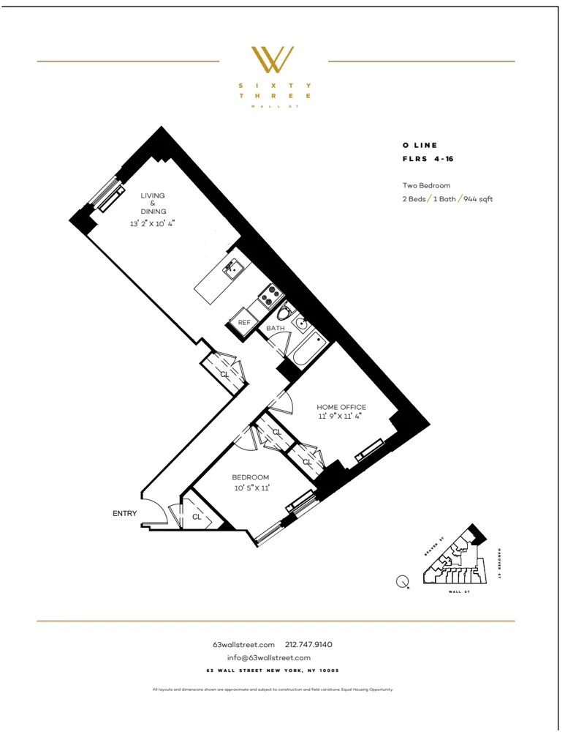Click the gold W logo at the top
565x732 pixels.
(273, 60)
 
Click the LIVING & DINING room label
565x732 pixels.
(153, 203)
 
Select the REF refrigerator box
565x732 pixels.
(244, 322)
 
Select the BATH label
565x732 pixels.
(275, 329)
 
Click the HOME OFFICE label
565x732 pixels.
(341, 407)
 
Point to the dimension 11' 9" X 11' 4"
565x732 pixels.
(341, 417)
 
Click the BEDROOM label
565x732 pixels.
(251, 477)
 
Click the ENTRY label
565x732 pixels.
(124, 514)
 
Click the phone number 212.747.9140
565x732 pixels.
(308, 645)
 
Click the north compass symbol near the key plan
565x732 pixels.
(402, 582)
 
